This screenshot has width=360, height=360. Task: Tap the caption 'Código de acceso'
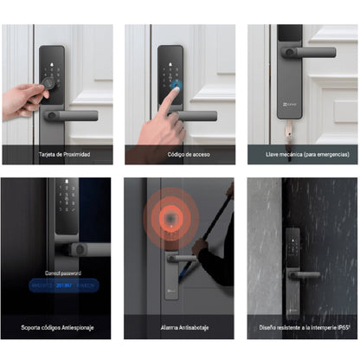[x=180, y=155]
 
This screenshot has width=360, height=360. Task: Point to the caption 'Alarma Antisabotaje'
[x=180, y=328]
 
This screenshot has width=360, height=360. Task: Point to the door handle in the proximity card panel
[x=73, y=114]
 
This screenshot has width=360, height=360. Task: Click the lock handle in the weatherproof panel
[x=303, y=275]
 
